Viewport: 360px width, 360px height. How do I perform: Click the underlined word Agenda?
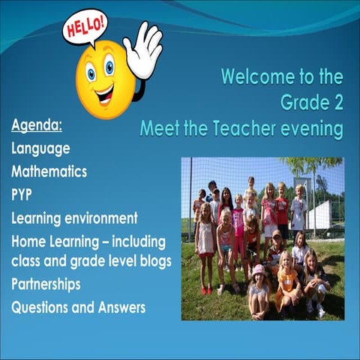pyautogui.click(x=36, y=124)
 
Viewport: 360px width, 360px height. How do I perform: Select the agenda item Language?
pyautogui.click(x=40, y=148)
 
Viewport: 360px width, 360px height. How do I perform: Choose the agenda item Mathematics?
pyautogui.click(x=49, y=172)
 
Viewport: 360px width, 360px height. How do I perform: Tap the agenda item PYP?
pyautogui.click(x=22, y=195)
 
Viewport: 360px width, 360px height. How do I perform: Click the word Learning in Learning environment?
pyautogui.click(x=38, y=218)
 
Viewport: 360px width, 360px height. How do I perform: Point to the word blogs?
pyautogui.click(x=154, y=261)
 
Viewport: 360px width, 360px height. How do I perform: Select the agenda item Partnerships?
pyautogui.click(x=46, y=284)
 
